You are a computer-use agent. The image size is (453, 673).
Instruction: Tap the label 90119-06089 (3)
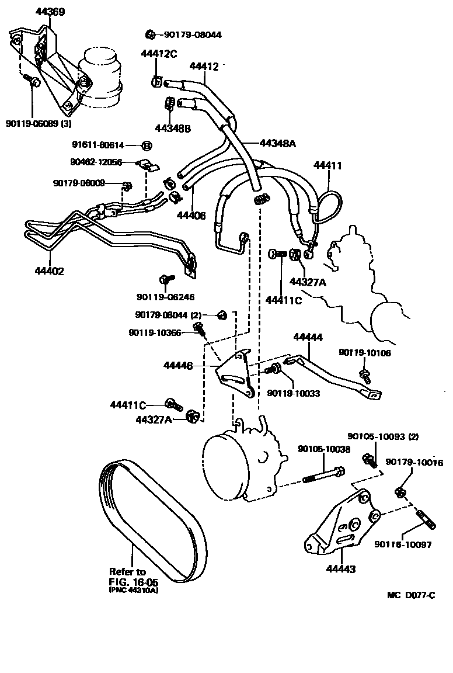(39, 124)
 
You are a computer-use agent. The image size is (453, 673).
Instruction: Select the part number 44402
(50, 272)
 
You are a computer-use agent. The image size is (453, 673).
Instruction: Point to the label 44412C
(158, 54)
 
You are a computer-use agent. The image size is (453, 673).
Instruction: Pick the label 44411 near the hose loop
(327, 166)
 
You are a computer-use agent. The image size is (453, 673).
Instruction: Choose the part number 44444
(308, 337)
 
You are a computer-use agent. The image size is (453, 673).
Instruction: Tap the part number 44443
(342, 568)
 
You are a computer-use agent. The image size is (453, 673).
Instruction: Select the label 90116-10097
(403, 544)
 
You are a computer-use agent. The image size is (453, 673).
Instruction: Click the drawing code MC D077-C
(410, 595)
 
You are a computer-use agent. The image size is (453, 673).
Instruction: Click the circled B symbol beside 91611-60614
(147, 145)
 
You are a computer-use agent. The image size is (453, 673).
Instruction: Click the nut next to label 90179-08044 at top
(150, 34)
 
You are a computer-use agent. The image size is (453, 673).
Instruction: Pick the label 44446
(178, 366)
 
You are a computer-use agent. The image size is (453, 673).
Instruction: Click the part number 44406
(191, 215)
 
